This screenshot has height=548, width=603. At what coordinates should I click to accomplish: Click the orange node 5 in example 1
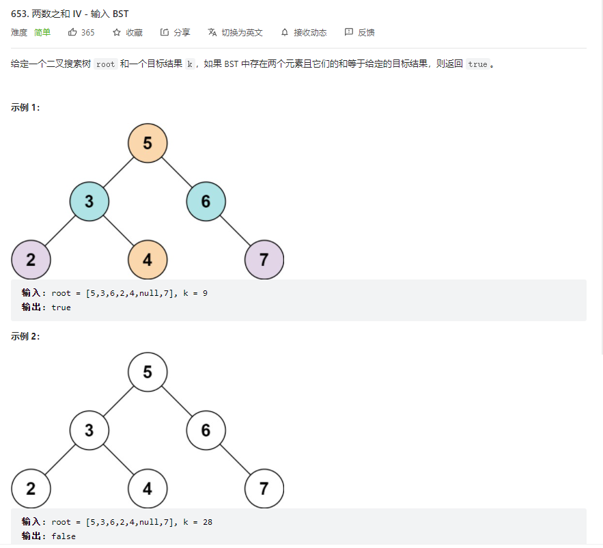coord(148,143)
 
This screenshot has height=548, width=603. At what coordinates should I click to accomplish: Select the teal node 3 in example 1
coord(89,202)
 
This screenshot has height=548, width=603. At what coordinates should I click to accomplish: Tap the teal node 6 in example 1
coord(206,202)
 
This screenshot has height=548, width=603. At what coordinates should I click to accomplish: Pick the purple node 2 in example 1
coord(31,260)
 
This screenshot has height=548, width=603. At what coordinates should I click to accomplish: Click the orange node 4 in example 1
coord(148,260)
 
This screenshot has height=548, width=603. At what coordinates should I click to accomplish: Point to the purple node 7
coord(264,260)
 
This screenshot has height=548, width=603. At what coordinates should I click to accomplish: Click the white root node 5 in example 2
coord(148,372)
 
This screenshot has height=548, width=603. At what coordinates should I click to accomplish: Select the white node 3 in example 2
coord(89,430)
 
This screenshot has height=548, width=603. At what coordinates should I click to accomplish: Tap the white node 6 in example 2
coord(206,430)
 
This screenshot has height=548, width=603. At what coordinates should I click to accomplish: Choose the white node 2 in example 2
coord(31,489)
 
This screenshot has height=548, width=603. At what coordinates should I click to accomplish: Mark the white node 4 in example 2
coord(148,489)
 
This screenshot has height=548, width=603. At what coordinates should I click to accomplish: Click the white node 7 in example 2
coord(264,489)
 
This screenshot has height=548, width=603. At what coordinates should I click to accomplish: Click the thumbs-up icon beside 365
coord(72,32)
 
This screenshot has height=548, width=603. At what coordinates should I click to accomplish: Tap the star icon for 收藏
coord(117,32)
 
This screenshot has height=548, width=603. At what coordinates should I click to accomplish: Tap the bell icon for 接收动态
coord(285,32)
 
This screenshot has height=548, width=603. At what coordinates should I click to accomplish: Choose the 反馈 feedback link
coord(360,32)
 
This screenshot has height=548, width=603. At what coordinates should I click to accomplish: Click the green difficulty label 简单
coord(42,32)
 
